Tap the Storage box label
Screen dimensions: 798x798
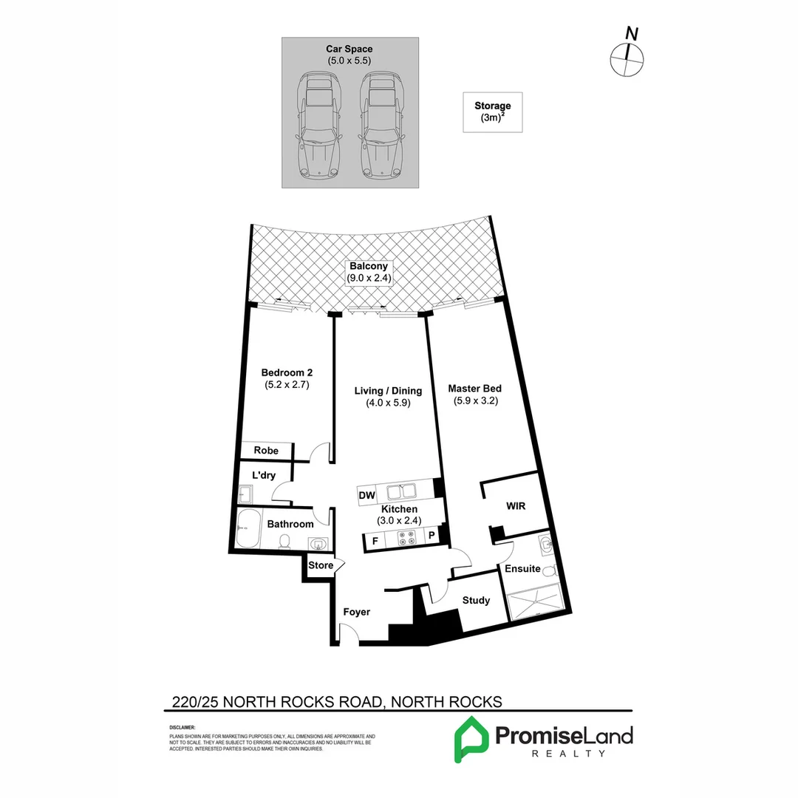(x=492, y=112)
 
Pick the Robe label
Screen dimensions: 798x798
(x=265, y=451)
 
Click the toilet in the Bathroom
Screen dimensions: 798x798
(x=284, y=542)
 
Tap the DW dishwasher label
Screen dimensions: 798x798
(x=366, y=495)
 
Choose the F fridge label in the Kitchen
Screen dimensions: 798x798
(x=375, y=541)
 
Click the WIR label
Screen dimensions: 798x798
(x=515, y=507)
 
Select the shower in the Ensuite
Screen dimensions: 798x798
(x=536, y=600)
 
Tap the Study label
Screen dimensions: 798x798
(x=476, y=600)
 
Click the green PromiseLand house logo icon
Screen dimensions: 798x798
(x=469, y=738)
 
